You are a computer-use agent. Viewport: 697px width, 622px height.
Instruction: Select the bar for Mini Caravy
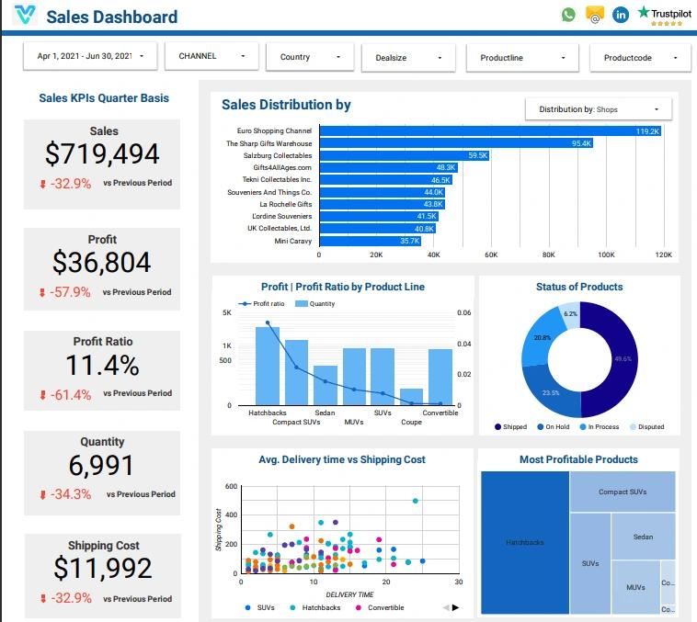coord(370,241)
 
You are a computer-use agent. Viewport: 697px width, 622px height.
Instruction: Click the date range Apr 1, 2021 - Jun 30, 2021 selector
coord(90,56)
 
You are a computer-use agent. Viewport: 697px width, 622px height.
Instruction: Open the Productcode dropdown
coord(639,58)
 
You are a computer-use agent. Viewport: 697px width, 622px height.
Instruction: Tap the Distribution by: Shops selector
coord(598,109)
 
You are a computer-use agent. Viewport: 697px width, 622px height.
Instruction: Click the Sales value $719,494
coord(102,154)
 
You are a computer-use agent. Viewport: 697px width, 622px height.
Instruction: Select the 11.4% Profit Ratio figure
coord(102,366)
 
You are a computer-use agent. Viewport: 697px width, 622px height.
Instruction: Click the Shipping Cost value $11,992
coord(102,569)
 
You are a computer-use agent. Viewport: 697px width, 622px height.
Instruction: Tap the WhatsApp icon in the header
coord(568,15)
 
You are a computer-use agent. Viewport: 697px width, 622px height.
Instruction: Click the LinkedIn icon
coord(621,15)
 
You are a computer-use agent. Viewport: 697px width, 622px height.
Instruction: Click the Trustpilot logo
coord(668,16)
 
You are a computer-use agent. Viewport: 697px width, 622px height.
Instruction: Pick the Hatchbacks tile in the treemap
coord(524,542)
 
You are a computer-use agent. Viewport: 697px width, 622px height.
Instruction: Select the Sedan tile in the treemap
coord(643,537)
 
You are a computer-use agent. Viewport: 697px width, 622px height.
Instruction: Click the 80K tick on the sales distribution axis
coord(548,254)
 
